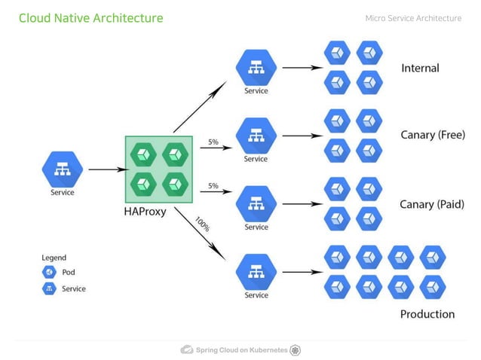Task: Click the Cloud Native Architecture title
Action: click(x=90, y=18)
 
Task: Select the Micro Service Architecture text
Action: click(x=413, y=18)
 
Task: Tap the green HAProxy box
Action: click(x=158, y=169)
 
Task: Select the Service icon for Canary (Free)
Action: click(x=256, y=136)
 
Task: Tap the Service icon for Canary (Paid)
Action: click(x=256, y=203)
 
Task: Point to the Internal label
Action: click(x=420, y=68)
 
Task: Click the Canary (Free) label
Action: click(x=431, y=135)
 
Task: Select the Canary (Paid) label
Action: click(x=431, y=204)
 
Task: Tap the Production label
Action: click(x=427, y=314)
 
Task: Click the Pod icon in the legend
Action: click(x=49, y=273)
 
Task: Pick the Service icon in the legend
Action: click(x=49, y=289)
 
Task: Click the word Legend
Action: click(x=54, y=258)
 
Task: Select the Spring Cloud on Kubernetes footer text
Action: click(x=241, y=350)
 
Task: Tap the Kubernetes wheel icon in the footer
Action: click(x=296, y=350)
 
